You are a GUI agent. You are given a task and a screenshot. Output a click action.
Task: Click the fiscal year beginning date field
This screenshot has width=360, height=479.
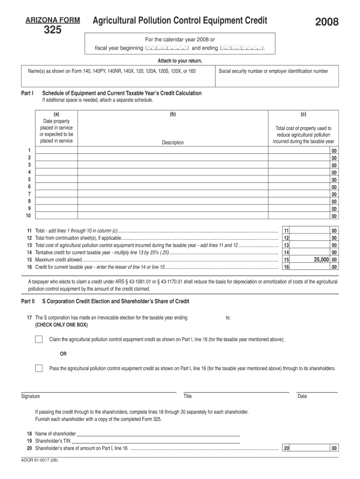point(167,48)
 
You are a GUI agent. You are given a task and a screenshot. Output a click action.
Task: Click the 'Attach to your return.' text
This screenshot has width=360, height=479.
point(180,61)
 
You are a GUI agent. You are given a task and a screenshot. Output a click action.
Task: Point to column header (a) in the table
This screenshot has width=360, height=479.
point(56,114)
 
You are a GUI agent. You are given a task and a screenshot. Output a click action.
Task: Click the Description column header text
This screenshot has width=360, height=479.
point(173,143)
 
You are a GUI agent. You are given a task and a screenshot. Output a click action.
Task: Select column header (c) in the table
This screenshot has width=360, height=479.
point(303,114)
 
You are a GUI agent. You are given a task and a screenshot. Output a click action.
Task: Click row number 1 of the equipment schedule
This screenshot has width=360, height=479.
point(29,150)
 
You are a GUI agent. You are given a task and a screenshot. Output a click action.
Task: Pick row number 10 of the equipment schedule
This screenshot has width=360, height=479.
point(28,216)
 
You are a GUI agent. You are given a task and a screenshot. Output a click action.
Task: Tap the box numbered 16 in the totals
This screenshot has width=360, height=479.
point(287,267)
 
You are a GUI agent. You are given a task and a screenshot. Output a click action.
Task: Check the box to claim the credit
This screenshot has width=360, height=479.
point(39,339)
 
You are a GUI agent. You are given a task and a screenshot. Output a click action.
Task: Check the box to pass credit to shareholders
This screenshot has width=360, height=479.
point(39,368)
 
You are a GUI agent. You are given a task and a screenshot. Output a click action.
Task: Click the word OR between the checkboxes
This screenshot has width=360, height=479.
point(63,354)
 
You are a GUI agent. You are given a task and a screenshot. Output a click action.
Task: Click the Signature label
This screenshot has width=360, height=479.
point(30,396)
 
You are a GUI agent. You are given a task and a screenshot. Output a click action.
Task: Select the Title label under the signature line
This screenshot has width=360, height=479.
point(187,396)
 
